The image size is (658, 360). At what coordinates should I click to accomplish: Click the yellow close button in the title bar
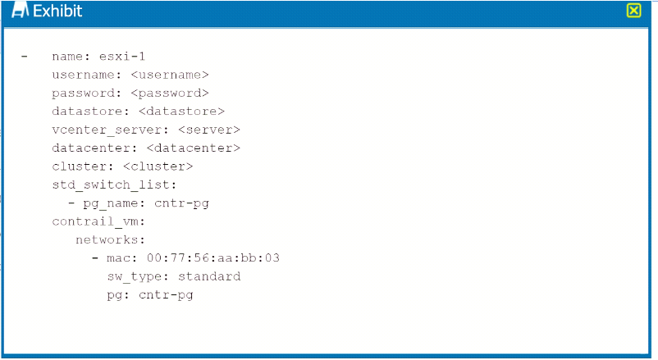(633, 11)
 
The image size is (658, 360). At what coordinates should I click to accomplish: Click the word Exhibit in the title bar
(57, 11)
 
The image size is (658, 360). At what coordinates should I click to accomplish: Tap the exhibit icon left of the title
(20, 10)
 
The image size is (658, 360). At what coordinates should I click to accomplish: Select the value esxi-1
(122, 57)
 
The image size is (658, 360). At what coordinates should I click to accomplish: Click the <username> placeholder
(170, 75)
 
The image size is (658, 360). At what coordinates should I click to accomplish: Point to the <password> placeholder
(170, 93)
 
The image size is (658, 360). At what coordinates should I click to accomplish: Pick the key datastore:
(90, 112)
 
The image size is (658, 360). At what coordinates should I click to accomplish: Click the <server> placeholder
(209, 130)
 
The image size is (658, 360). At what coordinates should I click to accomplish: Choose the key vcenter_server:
(111, 130)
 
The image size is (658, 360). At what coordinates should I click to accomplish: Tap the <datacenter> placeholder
(194, 148)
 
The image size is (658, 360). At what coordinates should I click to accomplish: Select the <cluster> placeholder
(158, 166)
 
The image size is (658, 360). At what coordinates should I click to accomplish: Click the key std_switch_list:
(114, 185)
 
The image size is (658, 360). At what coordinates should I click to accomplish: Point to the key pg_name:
(114, 204)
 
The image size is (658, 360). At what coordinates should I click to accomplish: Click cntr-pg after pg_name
(181, 204)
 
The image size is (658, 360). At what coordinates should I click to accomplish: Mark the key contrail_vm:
(98, 221)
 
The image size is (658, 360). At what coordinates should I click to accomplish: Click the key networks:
(111, 240)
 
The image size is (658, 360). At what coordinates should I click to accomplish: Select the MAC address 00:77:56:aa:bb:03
(213, 258)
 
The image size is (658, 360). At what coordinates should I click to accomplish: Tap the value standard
(209, 276)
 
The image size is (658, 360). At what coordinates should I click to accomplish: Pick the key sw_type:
(138, 277)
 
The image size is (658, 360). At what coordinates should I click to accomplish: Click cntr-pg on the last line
(166, 295)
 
